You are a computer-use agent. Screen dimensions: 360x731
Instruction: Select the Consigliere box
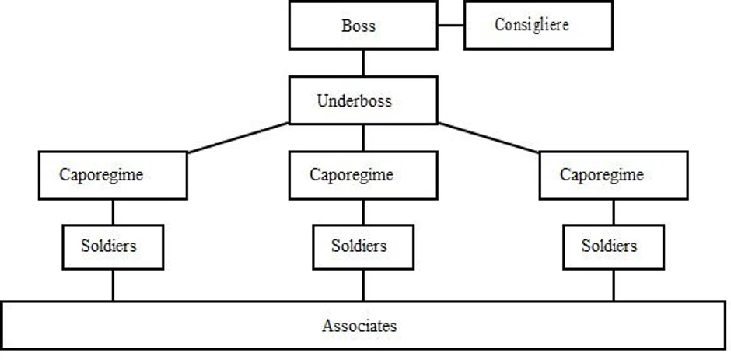pos(537,26)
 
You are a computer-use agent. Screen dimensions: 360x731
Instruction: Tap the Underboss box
pos(363,101)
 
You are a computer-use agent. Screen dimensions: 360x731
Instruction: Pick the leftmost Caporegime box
pos(113,175)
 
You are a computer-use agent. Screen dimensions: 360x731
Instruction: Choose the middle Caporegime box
pos(363,175)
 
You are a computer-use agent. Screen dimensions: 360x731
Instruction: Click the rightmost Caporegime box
pos(614,175)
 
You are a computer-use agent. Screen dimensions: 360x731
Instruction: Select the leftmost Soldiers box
pos(113,246)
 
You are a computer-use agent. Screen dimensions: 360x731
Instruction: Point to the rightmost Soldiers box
pos(614,246)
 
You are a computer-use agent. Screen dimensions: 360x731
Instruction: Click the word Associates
pos(359,326)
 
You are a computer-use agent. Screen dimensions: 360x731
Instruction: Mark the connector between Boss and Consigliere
pos(451,26)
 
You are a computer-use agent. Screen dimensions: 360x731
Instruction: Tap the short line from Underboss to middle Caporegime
pos(363,138)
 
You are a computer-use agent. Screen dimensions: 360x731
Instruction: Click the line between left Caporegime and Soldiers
pos(113,211)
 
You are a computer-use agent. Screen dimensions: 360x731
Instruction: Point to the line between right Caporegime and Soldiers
pos(614,211)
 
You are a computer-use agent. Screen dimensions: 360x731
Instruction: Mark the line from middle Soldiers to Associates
pos(363,284)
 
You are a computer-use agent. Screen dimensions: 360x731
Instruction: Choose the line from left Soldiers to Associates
pos(113,284)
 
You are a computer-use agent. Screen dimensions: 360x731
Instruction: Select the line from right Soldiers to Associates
pos(614,284)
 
